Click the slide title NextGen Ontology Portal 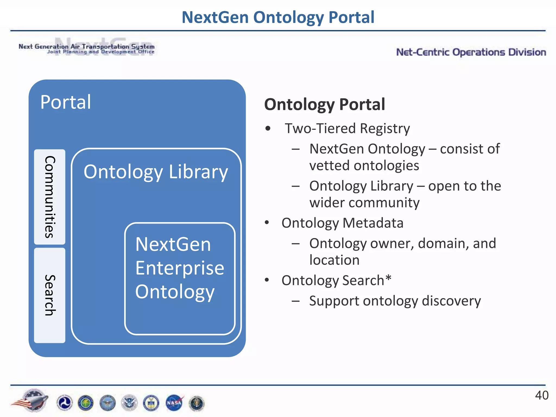(278, 17)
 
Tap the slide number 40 (542, 396)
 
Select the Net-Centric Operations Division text (471, 52)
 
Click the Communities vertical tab (50, 197)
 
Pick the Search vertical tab (50, 295)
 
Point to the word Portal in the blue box (65, 102)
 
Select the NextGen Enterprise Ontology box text (179, 268)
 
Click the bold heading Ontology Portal (324, 105)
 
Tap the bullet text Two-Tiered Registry (347, 128)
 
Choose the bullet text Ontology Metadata (342, 223)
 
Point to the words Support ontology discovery (395, 301)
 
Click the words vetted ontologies (364, 166)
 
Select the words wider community (364, 203)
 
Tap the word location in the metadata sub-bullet (334, 260)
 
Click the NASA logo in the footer (174, 403)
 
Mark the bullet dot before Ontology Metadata (267, 223)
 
